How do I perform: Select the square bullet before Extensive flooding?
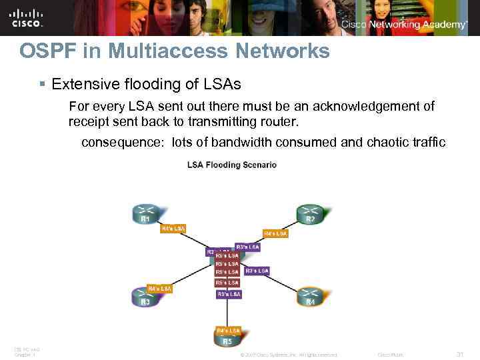pyautogui.click(x=42, y=85)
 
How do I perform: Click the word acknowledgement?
pyautogui.click(x=355, y=106)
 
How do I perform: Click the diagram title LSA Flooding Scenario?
pyautogui.click(x=232, y=165)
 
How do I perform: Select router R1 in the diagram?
pyautogui.click(x=145, y=213)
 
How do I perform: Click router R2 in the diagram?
pyautogui.click(x=310, y=213)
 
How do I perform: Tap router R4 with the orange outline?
pyautogui.click(x=309, y=297)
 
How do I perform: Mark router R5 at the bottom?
pyautogui.click(x=227, y=339)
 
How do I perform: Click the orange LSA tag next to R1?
pyautogui.click(x=173, y=228)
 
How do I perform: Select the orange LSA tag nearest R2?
pyautogui.click(x=275, y=233)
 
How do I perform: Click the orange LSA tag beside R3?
pyautogui.click(x=160, y=288)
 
